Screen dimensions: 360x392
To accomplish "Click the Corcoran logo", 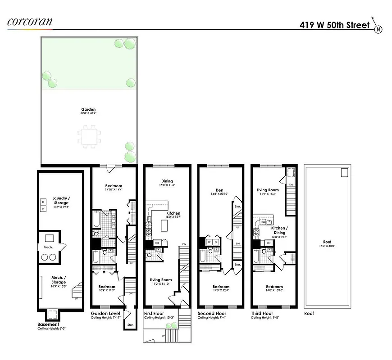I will (29, 21).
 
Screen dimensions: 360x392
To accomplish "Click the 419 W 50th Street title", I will (334, 25).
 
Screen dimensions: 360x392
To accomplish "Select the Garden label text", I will (88, 109).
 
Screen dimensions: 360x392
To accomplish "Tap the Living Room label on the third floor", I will (268, 190).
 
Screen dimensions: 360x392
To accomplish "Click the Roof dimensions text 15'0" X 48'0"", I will (328, 246).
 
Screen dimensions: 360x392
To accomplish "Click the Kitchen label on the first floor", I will (173, 213).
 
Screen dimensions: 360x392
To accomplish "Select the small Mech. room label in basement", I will (48, 247).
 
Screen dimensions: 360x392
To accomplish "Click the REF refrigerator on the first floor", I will (157, 243).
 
